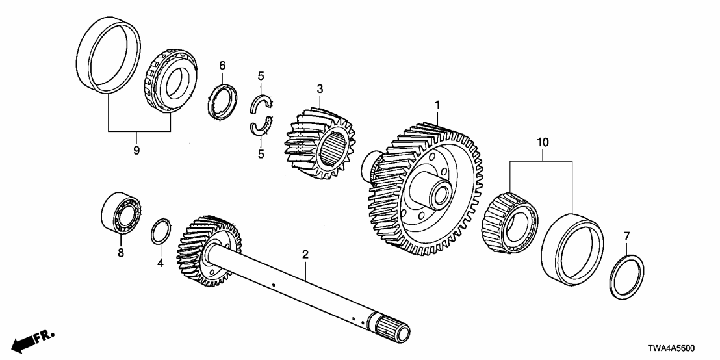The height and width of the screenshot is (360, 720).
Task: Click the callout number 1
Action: pos(437,105)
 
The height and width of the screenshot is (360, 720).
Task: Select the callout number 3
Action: pos(320,88)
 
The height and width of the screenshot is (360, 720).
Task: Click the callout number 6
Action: pos(222,66)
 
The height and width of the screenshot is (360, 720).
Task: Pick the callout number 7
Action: pos(626,235)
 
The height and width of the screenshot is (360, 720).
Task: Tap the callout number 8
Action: pos(120,253)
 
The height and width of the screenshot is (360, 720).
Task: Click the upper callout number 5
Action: pos(261,76)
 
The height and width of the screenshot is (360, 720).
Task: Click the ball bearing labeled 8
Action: pos(120,211)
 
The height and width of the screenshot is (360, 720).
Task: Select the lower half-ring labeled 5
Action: pos(261,127)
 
